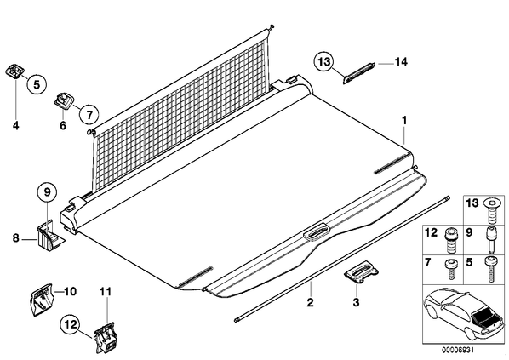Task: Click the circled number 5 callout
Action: pos(37,84)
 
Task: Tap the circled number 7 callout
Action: pos(89,114)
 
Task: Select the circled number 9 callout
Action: pos(48,192)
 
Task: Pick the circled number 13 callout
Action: pos(323,61)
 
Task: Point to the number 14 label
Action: pos(401,61)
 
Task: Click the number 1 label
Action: pos(404,121)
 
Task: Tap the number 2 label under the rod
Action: pos(311,302)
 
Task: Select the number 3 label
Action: pos(356,302)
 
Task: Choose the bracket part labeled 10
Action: pos(41,300)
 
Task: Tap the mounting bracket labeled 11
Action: pos(105,338)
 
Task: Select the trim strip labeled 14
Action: pos(359,72)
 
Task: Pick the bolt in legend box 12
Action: pos(450,240)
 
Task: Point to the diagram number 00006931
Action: pos(457,350)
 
